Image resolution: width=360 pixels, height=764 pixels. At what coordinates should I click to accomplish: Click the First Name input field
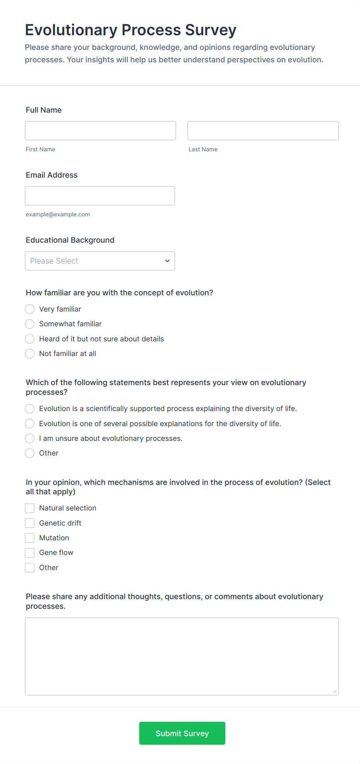(100, 131)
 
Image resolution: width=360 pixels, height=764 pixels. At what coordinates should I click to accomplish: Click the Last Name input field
(263, 131)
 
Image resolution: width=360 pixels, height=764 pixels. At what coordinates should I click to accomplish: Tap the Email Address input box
(100, 196)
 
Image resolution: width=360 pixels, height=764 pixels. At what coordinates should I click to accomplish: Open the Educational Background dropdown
(100, 261)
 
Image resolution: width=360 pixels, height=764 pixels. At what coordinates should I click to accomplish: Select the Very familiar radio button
(30, 309)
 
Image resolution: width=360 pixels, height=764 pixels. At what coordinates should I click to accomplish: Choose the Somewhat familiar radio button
(30, 324)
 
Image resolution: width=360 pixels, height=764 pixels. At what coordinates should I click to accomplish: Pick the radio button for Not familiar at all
(30, 354)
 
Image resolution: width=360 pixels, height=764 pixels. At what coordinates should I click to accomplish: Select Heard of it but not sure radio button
(30, 339)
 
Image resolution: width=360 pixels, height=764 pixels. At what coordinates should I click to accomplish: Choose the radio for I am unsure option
(30, 439)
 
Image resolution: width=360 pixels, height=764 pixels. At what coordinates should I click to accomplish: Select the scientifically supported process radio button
(30, 409)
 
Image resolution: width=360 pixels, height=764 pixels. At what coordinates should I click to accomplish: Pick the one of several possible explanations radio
(30, 424)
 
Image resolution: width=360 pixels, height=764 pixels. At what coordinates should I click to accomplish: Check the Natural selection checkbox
(30, 508)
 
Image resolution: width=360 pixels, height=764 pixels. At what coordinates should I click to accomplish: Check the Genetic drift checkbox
(30, 523)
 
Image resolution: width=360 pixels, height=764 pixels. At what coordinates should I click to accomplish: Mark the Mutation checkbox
(30, 538)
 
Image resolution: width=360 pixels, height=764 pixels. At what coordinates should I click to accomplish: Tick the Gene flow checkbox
(30, 553)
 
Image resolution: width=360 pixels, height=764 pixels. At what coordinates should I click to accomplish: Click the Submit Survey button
(182, 733)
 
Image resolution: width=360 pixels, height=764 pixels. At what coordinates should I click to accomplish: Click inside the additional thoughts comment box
(182, 656)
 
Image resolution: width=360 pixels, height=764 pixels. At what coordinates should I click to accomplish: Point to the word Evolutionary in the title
(71, 30)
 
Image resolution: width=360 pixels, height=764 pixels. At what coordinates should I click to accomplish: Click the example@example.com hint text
(58, 214)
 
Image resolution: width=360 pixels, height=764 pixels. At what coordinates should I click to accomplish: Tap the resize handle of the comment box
(335, 691)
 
